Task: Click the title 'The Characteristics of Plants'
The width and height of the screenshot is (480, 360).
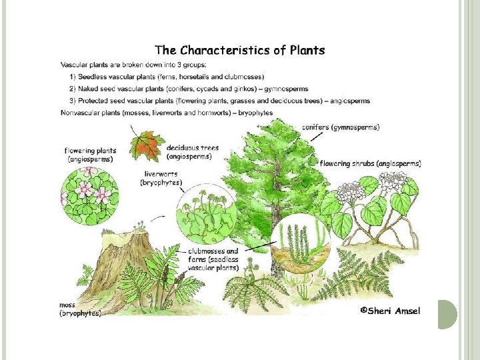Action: [240, 50]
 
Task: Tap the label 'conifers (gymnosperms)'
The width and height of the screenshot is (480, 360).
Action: [341, 127]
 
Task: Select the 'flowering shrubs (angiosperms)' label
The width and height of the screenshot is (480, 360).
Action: [371, 163]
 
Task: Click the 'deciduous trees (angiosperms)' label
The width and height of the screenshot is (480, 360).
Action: [189, 152]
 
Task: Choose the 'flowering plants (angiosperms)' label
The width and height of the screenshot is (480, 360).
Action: [89, 155]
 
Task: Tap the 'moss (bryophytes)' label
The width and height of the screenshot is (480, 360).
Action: [80, 309]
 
